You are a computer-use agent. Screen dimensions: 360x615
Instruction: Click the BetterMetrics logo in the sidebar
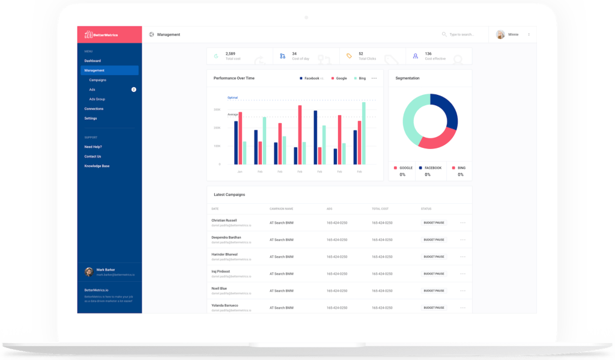point(101,34)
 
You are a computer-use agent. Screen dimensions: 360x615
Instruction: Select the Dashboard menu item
point(92,61)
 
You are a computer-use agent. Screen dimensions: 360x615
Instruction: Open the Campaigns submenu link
point(97,80)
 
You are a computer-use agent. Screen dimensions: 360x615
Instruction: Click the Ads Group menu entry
point(97,99)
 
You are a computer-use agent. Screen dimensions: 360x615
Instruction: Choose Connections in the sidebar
point(94,109)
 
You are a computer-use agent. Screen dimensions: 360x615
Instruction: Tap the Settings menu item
point(90,118)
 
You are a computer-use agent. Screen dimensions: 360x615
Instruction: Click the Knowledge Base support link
point(97,166)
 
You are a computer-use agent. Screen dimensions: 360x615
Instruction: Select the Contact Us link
point(92,156)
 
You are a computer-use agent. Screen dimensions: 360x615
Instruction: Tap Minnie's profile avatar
point(500,34)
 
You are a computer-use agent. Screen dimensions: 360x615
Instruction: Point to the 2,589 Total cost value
point(230,53)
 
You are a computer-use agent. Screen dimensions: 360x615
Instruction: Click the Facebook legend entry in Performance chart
point(311,78)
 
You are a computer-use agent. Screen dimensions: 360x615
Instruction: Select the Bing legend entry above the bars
point(362,78)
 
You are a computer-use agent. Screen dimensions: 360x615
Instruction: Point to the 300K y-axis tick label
point(216,109)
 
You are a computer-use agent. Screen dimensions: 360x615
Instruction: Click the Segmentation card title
point(407,78)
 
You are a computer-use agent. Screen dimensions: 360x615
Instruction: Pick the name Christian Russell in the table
point(224,221)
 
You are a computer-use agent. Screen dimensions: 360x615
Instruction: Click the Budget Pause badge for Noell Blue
point(434,290)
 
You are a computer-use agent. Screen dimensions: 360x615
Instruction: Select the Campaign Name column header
point(281,209)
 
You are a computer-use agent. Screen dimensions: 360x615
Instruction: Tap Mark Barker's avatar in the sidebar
point(89,272)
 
